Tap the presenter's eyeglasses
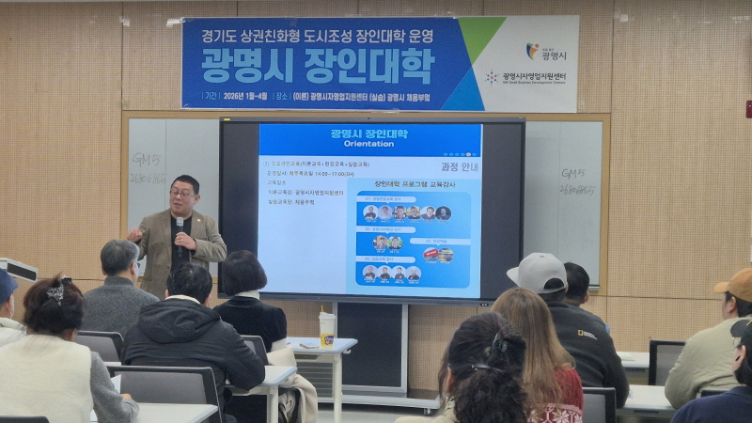click(x=181, y=193)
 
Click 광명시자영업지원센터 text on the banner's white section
click(x=534, y=77)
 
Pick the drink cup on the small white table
click(x=327, y=328)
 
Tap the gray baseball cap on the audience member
click(x=538, y=272)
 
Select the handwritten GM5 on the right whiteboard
click(x=572, y=174)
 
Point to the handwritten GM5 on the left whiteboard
click(x=147, y=159)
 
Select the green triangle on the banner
click(x=480, y=38)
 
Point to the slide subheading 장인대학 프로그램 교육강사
click(x=415, y=184)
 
